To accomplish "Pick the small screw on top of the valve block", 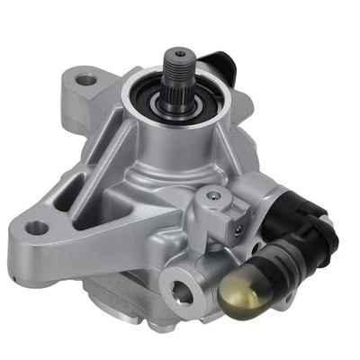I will (x=210, y=196).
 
